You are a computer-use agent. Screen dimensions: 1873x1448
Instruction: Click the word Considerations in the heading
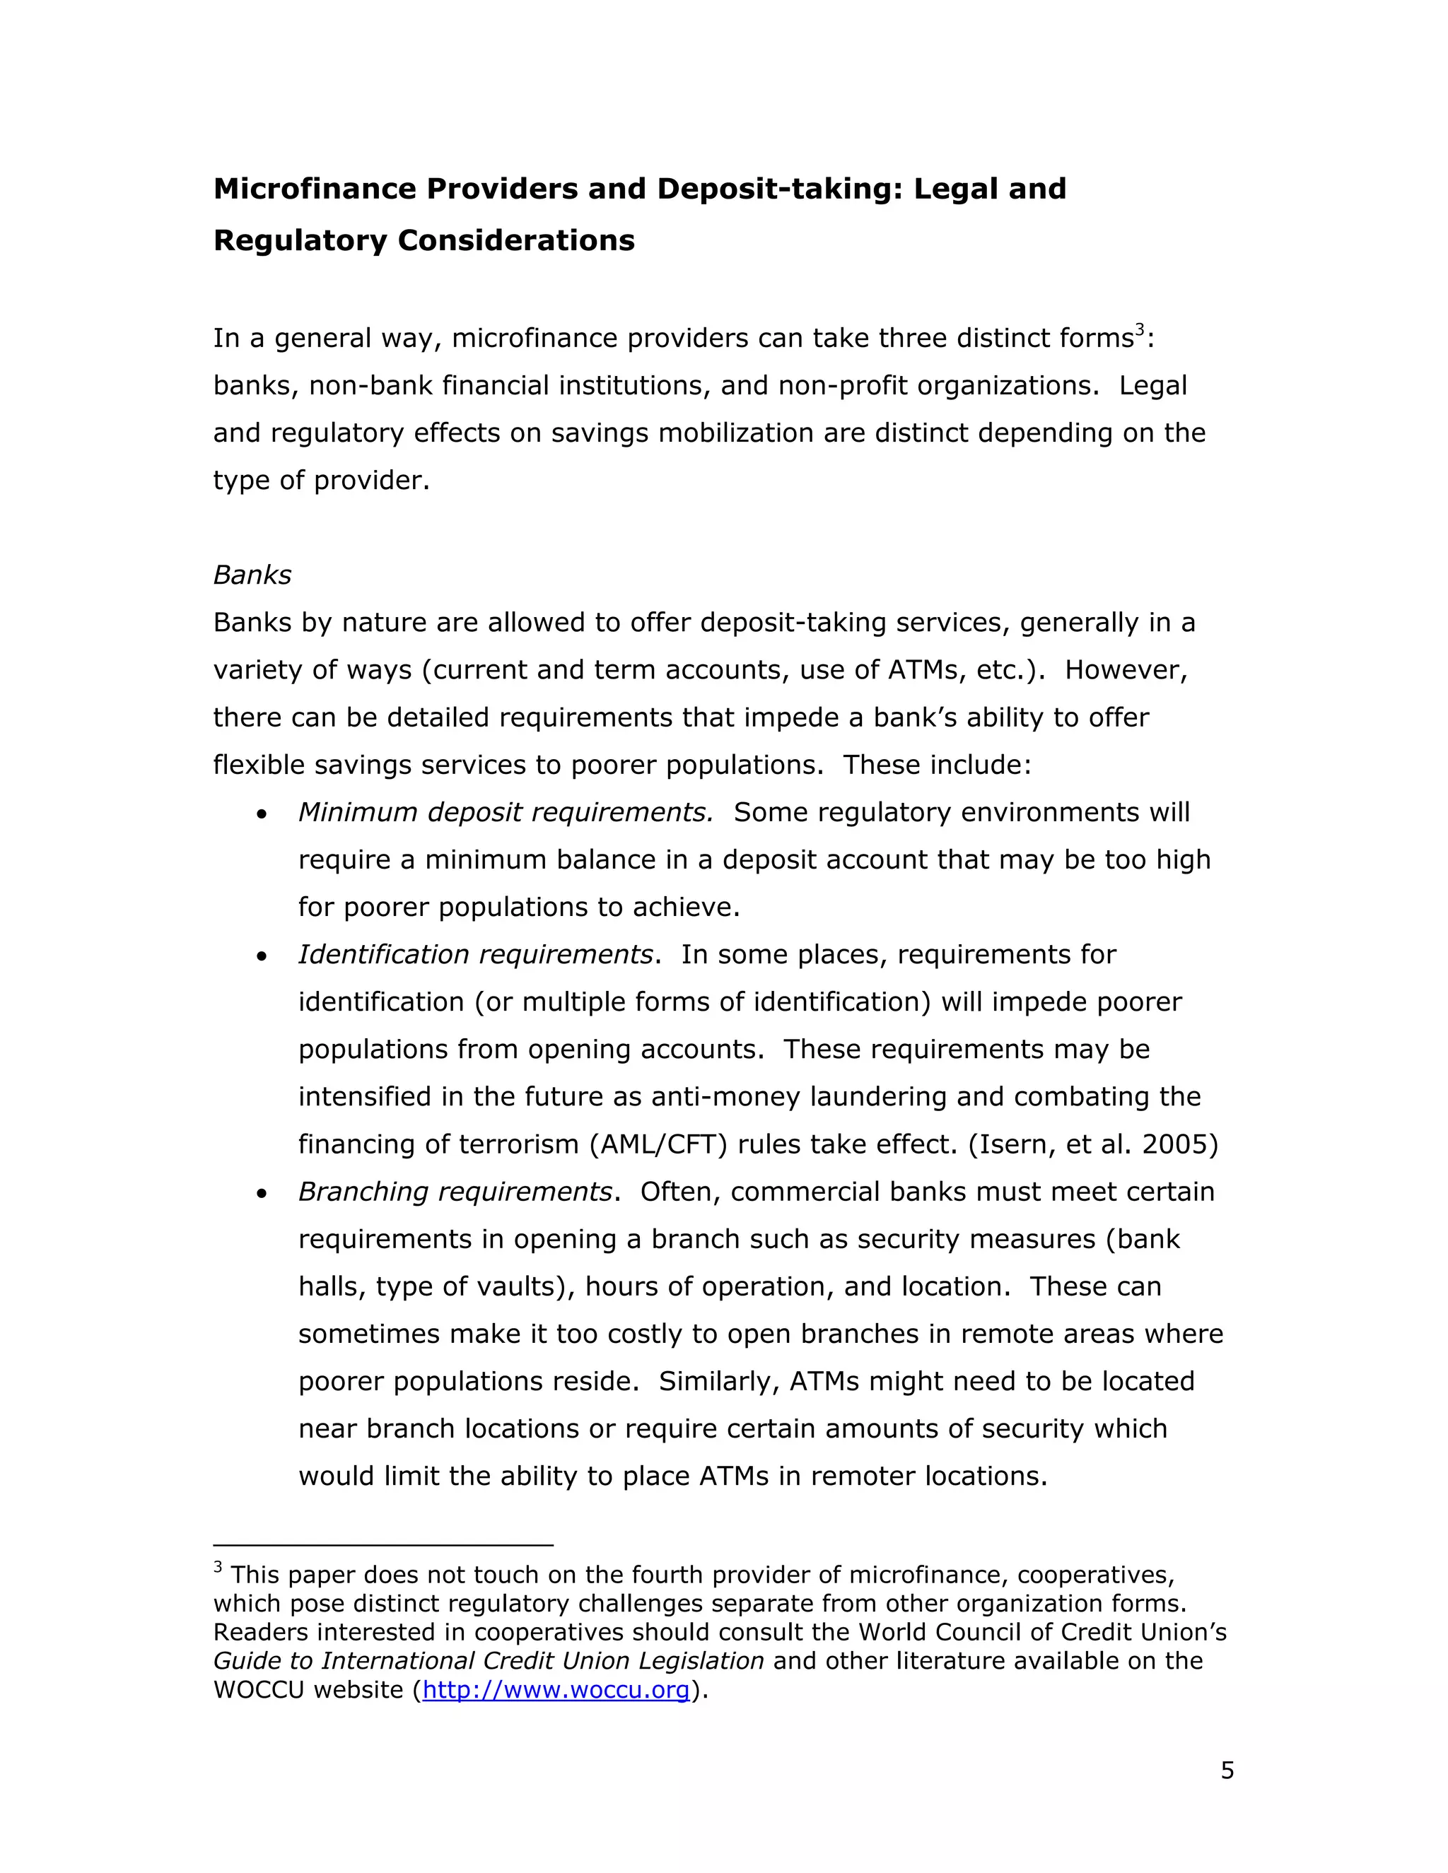pos(515,240)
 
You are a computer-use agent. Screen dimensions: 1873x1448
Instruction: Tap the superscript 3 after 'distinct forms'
pos(1140,329)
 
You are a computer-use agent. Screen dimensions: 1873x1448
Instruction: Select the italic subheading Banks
pos(252,575)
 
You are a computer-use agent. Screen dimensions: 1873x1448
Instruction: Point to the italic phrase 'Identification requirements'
pos(475,954)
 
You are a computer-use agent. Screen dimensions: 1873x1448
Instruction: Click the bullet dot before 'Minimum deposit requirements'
pos(262,814)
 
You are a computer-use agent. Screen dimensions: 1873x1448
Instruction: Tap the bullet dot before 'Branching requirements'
pos(262,1194)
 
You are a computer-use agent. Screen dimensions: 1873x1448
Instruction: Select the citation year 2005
pos(1174,1144)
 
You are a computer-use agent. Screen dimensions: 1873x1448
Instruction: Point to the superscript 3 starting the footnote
pos(218,1568)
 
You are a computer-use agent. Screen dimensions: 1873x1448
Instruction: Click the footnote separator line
pos(383,1544)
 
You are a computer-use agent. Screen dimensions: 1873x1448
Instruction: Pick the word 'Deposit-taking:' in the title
pos(780,189)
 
